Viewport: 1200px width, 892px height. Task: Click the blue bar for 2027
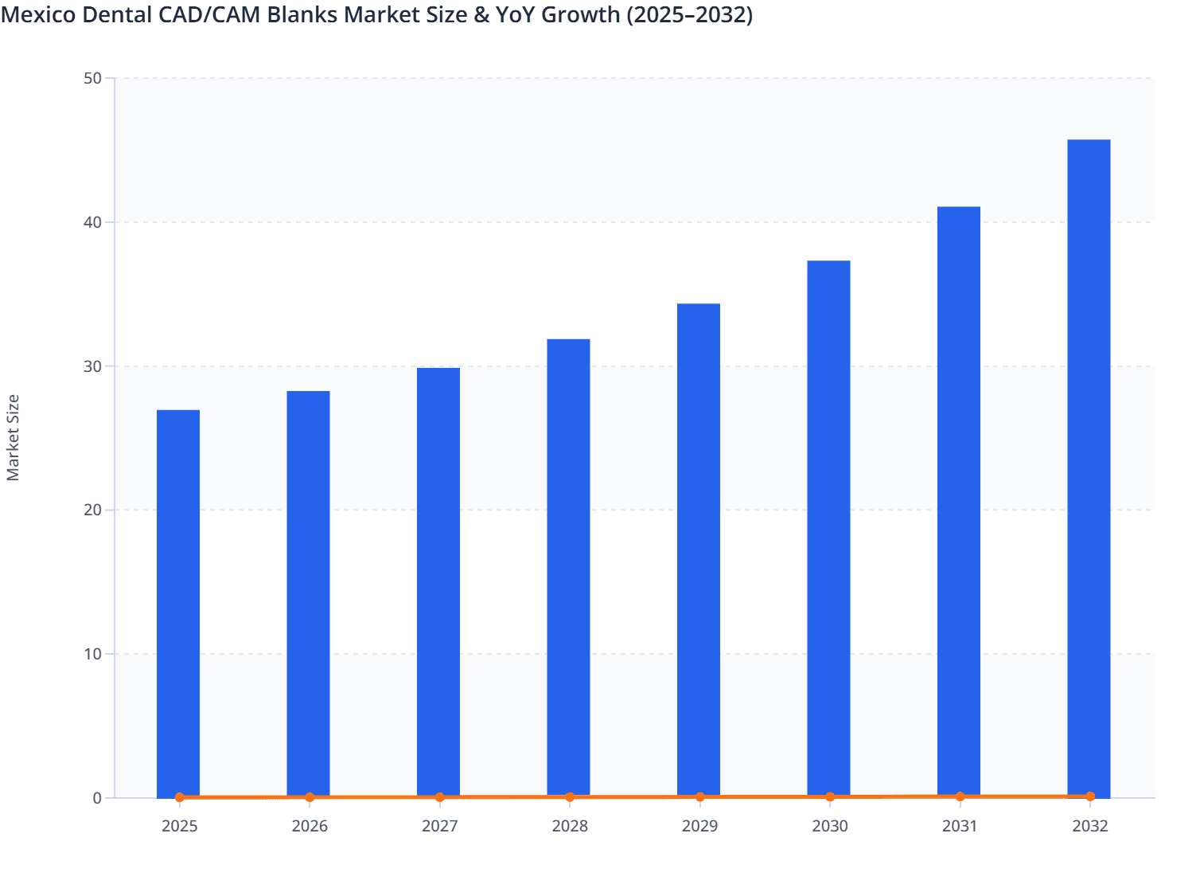[x=438, y=581]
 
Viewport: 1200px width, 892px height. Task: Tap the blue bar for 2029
[x=699, y=550]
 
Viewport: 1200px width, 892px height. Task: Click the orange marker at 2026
[x=310, y=797]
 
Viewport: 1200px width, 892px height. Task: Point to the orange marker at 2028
[x=570, y=797]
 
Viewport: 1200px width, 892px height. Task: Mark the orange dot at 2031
[x=960, y=796]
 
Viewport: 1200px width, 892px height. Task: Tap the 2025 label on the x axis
[x=179, y=826]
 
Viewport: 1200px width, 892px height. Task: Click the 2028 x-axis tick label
[x=570, y=826]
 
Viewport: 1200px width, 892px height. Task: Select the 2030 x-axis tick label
[x=830, y=826]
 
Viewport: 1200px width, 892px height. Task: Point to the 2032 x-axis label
[x=1090, y=826]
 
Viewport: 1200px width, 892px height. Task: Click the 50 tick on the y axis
[x=92, y=78]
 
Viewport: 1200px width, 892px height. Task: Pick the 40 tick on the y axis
[x=92, y=222]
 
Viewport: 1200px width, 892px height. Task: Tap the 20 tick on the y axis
[x=92, y=510]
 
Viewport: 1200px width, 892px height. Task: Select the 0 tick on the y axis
[x=97, y=798]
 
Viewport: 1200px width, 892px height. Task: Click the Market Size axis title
[x=13, y=438]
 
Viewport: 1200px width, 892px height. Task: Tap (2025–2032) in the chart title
[x=689, y=14]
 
